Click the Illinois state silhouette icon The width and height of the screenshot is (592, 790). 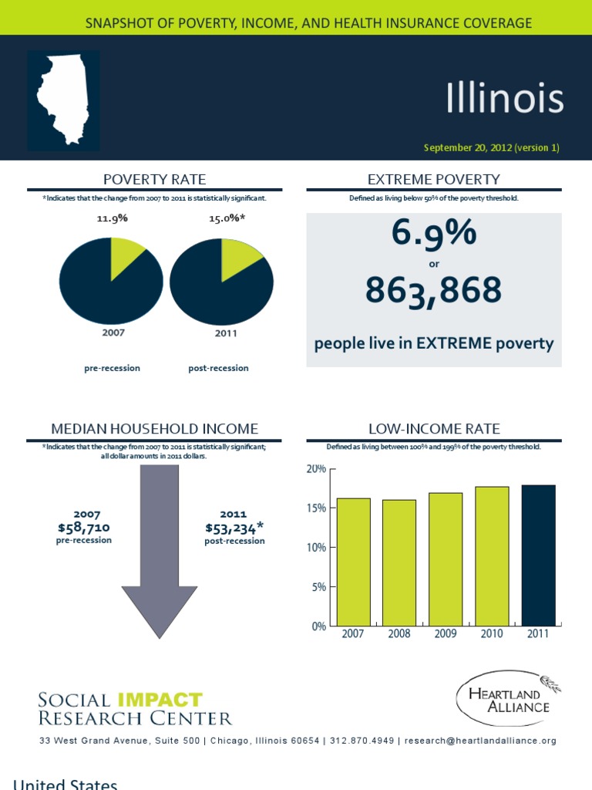tap(63, 99)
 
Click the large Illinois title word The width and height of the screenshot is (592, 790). tap(505, 99)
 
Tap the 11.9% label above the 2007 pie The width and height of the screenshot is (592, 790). tap(112, 218)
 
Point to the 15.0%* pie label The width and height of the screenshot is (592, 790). tap(227, 218)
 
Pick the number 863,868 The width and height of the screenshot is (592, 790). tap(433, 291)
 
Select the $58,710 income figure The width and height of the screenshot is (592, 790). tap(84, 528)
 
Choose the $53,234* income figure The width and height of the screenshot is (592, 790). tap(234, 528)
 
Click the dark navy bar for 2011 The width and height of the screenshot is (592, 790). tap(538, 555)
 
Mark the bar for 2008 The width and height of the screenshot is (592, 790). tap(399, 562)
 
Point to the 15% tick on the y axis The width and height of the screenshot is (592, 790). tap(317, 508)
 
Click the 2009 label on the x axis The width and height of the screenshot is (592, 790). tap(446, 634)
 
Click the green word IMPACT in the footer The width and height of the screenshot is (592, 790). tap(160, 701)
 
